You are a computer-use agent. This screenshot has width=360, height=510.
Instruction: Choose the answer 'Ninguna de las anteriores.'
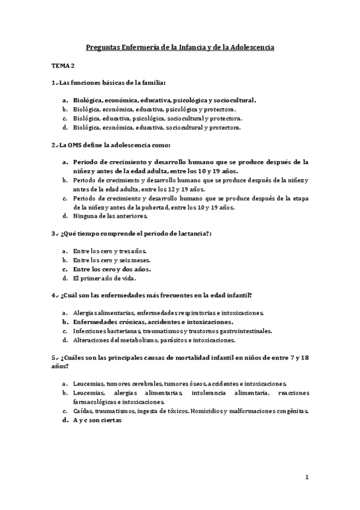coord(110,216)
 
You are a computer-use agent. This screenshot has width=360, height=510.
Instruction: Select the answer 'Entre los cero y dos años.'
coord(112,269)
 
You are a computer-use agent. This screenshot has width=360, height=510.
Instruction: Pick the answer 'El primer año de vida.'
coord(105,279)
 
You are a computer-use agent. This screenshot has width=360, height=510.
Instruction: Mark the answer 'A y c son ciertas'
coord(97,421)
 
